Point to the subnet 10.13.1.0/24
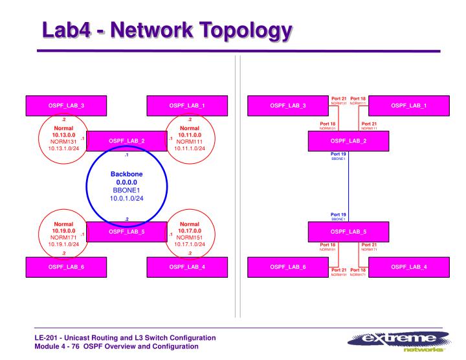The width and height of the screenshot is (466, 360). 63,148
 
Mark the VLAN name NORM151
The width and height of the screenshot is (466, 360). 190,237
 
